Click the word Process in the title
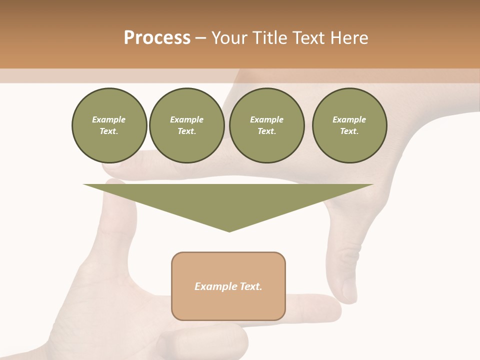click(x=157, y=38)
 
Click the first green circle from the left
click(x=109, y=125)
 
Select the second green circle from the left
click(x=186, y=125)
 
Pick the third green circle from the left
click(x=266, y=125)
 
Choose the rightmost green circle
click(x=349, y=125)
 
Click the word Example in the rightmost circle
click(x=349, y=119)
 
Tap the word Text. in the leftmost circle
click(x=109, y=131)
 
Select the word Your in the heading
click(x=229, y=38)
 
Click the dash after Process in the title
click(x=201, y=38)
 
